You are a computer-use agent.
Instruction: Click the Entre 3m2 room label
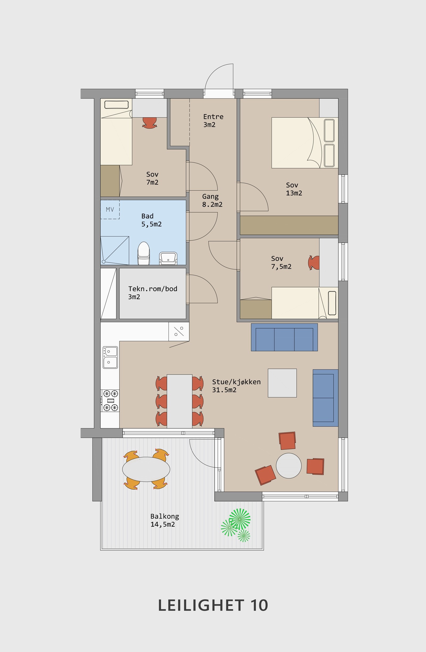point(213,121)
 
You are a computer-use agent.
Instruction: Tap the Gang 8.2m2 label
point(212,200)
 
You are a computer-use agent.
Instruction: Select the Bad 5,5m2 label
point(151,220)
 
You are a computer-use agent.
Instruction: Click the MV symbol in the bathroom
point(110,210)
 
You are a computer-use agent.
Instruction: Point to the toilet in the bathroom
point(144,253)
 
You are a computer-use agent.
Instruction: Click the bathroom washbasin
point(168,258)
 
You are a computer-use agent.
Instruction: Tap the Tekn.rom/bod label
point(153,293)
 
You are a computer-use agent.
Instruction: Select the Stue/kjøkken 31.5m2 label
point(236,386)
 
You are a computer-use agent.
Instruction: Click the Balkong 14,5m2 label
point(164,520)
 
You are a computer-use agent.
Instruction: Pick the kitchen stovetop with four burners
point(110,401)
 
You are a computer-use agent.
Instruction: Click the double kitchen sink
point(110,358)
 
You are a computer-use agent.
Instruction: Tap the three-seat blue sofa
point(284,337)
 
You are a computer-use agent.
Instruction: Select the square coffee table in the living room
point(282,383)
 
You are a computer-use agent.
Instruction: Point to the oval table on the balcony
point(146,469)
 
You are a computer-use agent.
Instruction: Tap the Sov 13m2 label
point(294,189)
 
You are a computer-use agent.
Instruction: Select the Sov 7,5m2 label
point(281,263)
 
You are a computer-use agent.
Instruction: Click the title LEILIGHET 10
point(213,605)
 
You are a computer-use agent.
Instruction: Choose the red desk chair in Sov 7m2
point(150,123)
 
